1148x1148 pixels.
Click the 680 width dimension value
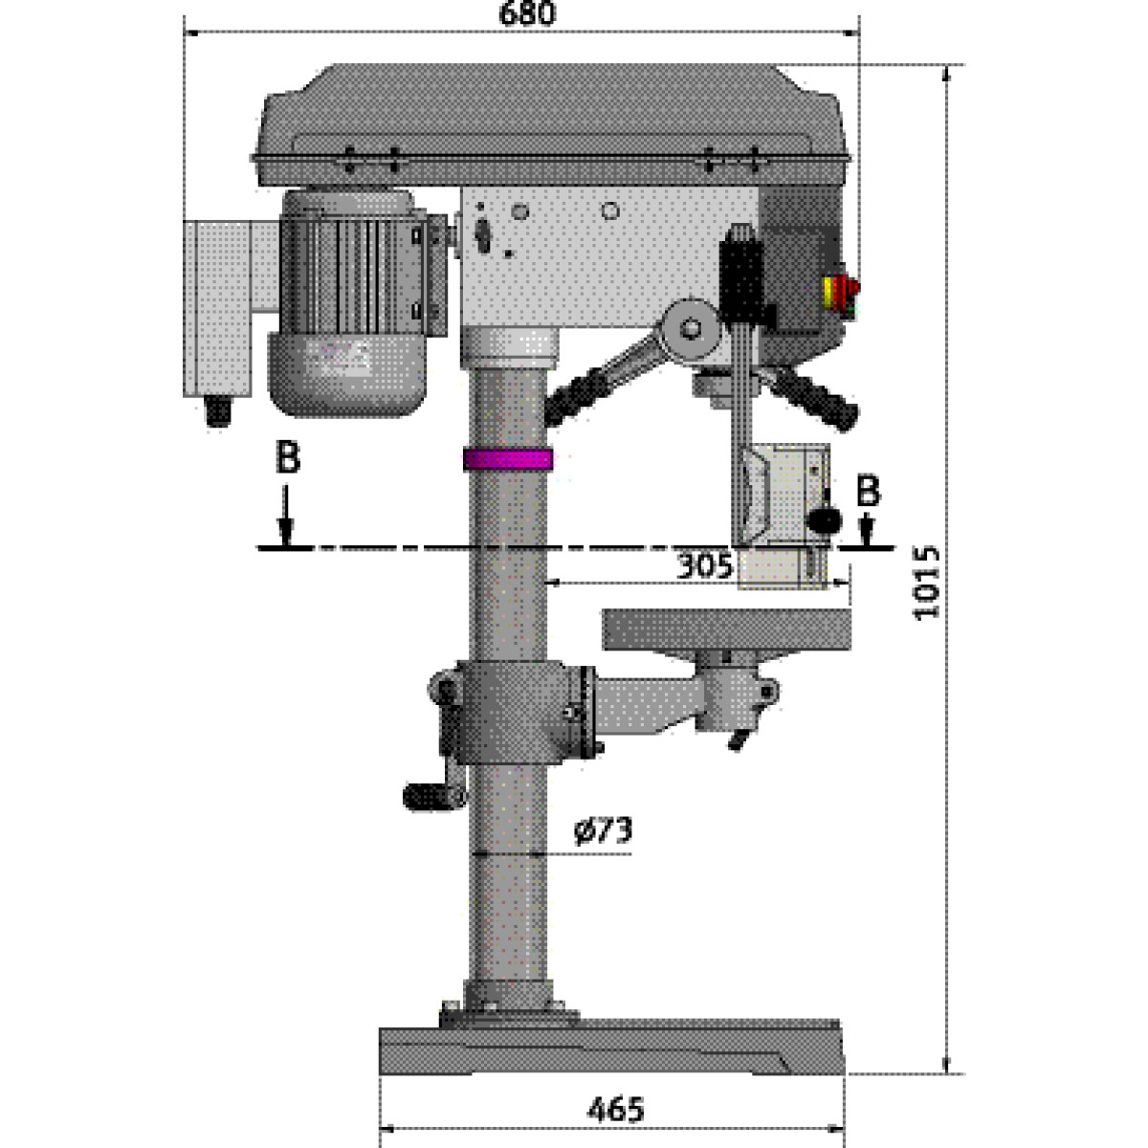(x=526, y=13)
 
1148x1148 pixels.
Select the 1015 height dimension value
(x=926, y=582)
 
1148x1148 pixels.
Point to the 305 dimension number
(x=704, y=565)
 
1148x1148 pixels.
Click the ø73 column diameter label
(x=603, y=830)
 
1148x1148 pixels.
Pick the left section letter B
(x=288, y=456)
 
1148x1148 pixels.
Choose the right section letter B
(x=868, y=491)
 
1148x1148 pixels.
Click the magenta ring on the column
(x=508, y=459)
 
